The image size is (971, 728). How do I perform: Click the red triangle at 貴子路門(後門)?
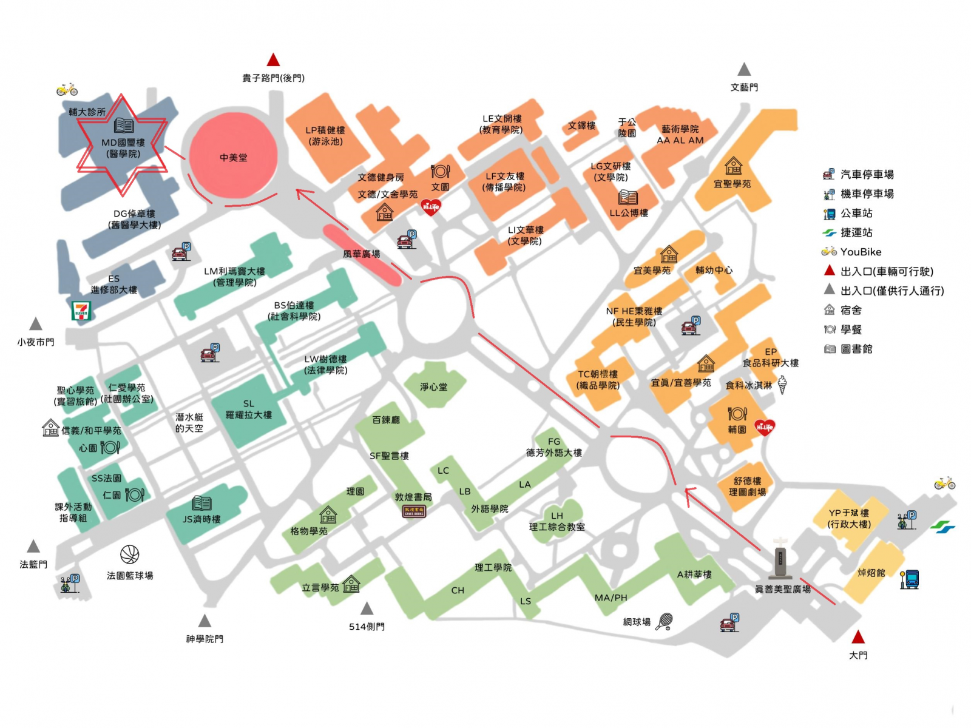(x=273, y=59)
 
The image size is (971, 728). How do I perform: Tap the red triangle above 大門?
(x=858, y=637)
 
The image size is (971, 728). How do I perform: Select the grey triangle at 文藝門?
(x=744, y=69)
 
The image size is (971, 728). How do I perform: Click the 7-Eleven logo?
(x=81, y=310)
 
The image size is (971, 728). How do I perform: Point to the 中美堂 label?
(x=234, y=158)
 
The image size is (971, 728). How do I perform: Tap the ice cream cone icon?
(x=782, y=384)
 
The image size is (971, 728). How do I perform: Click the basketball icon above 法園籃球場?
(x=130, y=554)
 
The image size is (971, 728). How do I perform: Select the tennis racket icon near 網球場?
(x=665, y=621)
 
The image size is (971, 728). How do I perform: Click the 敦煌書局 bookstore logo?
(x=414, y=511)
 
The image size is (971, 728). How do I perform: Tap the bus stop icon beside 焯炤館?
(x=910, y=579)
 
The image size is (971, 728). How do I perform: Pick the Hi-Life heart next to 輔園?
(x=764, y=428)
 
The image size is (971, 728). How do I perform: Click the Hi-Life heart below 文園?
(x=430, y=207)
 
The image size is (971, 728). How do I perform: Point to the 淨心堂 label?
(x=433, y=387)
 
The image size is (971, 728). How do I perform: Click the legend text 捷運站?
(x=856, y=232)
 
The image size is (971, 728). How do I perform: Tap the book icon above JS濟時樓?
(x=201, y=503)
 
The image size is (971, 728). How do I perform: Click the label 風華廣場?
(x=362, y=254)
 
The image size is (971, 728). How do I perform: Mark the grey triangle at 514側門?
(x=367, y=608)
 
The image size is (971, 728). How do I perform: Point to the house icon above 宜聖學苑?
(x=733, y=166)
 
